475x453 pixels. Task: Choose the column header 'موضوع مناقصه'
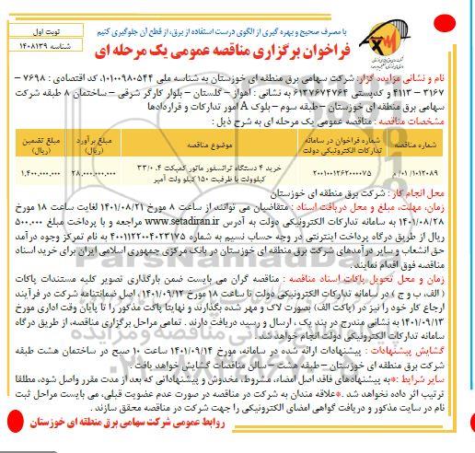(211, 143)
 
